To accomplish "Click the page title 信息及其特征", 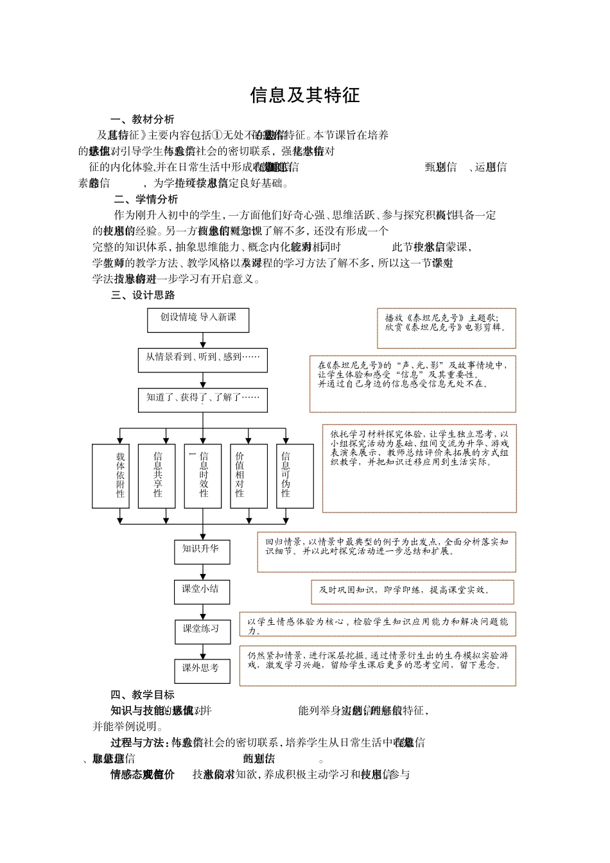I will coord(304,95).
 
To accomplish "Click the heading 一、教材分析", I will coord(142,119).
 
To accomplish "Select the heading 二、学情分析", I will coord(146,199).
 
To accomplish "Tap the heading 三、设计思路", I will coord(143,295).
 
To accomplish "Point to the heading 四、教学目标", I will coord(142,695).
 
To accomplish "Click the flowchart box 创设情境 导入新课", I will coord(198,320).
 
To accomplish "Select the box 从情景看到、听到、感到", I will coord(202,360).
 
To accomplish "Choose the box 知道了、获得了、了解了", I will coord(202,399).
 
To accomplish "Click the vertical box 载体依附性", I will coord(120,475).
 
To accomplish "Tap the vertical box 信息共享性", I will coord(157,475).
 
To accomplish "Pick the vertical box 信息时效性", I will coord(203,475).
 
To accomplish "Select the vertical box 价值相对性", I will coord(240,475).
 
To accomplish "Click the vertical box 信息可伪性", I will coord(286,475).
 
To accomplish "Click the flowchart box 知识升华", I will coord(202,552).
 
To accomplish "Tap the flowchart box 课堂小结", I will coord(202,591).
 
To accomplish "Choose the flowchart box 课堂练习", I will coord(202,631).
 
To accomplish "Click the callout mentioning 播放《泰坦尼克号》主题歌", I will coord(446,327).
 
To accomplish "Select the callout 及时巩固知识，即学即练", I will coord(412,591).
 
